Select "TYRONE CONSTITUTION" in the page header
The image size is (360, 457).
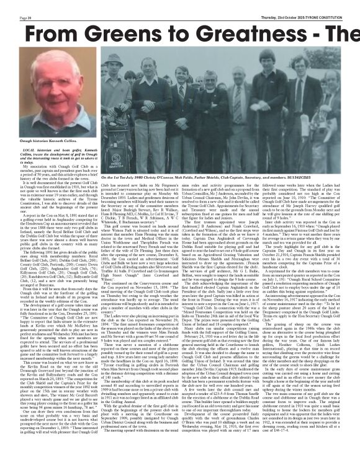[x=335, y=4]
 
